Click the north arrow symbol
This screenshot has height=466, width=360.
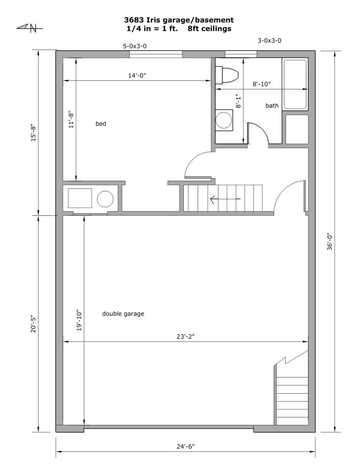[30, 28]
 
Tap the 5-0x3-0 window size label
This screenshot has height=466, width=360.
[135, 46]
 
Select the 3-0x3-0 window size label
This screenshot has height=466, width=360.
[269, 40]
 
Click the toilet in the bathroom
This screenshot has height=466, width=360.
[227, 75]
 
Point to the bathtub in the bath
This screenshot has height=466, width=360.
[295, 84]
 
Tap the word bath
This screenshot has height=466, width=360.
[272, 106]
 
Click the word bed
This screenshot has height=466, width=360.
[101, 123]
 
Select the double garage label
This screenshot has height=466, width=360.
[123, 313]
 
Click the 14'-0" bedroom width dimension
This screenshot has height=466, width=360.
[137, 75]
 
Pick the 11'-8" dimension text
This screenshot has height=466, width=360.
[71, 120]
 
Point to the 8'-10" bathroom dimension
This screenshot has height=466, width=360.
[261, 84]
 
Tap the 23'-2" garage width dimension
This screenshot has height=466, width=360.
[186, 336]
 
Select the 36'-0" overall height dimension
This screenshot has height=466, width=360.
[330, 242]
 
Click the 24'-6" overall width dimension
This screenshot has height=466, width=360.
[186, 447]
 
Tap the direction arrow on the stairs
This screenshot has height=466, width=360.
[225, 199]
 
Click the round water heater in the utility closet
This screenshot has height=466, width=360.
[105, 199]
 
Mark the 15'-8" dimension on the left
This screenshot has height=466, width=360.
[33, 132]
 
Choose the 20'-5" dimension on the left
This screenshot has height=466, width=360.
[33, 323]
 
